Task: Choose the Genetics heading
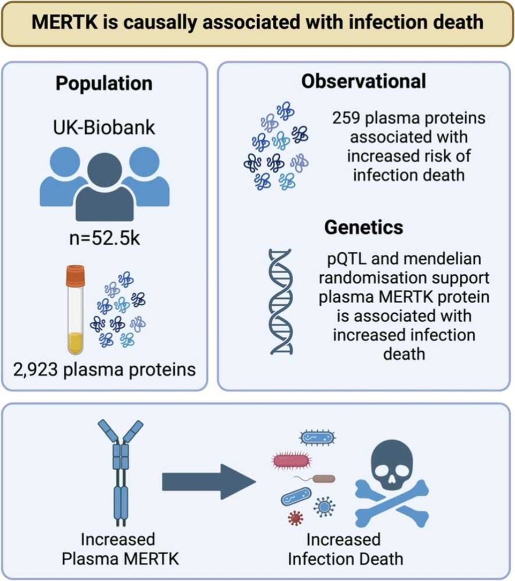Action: [363, 227]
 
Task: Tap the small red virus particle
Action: [295, 517]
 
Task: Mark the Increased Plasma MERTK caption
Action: [120, 548]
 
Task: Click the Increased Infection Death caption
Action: [345, 548]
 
